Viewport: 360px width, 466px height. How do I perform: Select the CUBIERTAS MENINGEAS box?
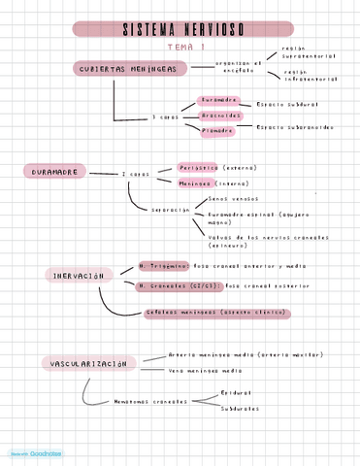[122, 68]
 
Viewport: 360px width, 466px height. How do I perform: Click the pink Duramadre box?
[218, 100]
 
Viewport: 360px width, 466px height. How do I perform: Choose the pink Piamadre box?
[217, 129]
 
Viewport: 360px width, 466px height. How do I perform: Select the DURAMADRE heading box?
[54, 172]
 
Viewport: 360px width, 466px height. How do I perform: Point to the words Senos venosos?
[232, 198]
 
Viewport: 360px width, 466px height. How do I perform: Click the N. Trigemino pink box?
[163, 265]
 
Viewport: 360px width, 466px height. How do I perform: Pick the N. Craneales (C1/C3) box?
[179, 286]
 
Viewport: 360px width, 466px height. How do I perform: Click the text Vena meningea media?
[205, 370]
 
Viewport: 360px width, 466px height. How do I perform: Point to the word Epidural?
[235, 393]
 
